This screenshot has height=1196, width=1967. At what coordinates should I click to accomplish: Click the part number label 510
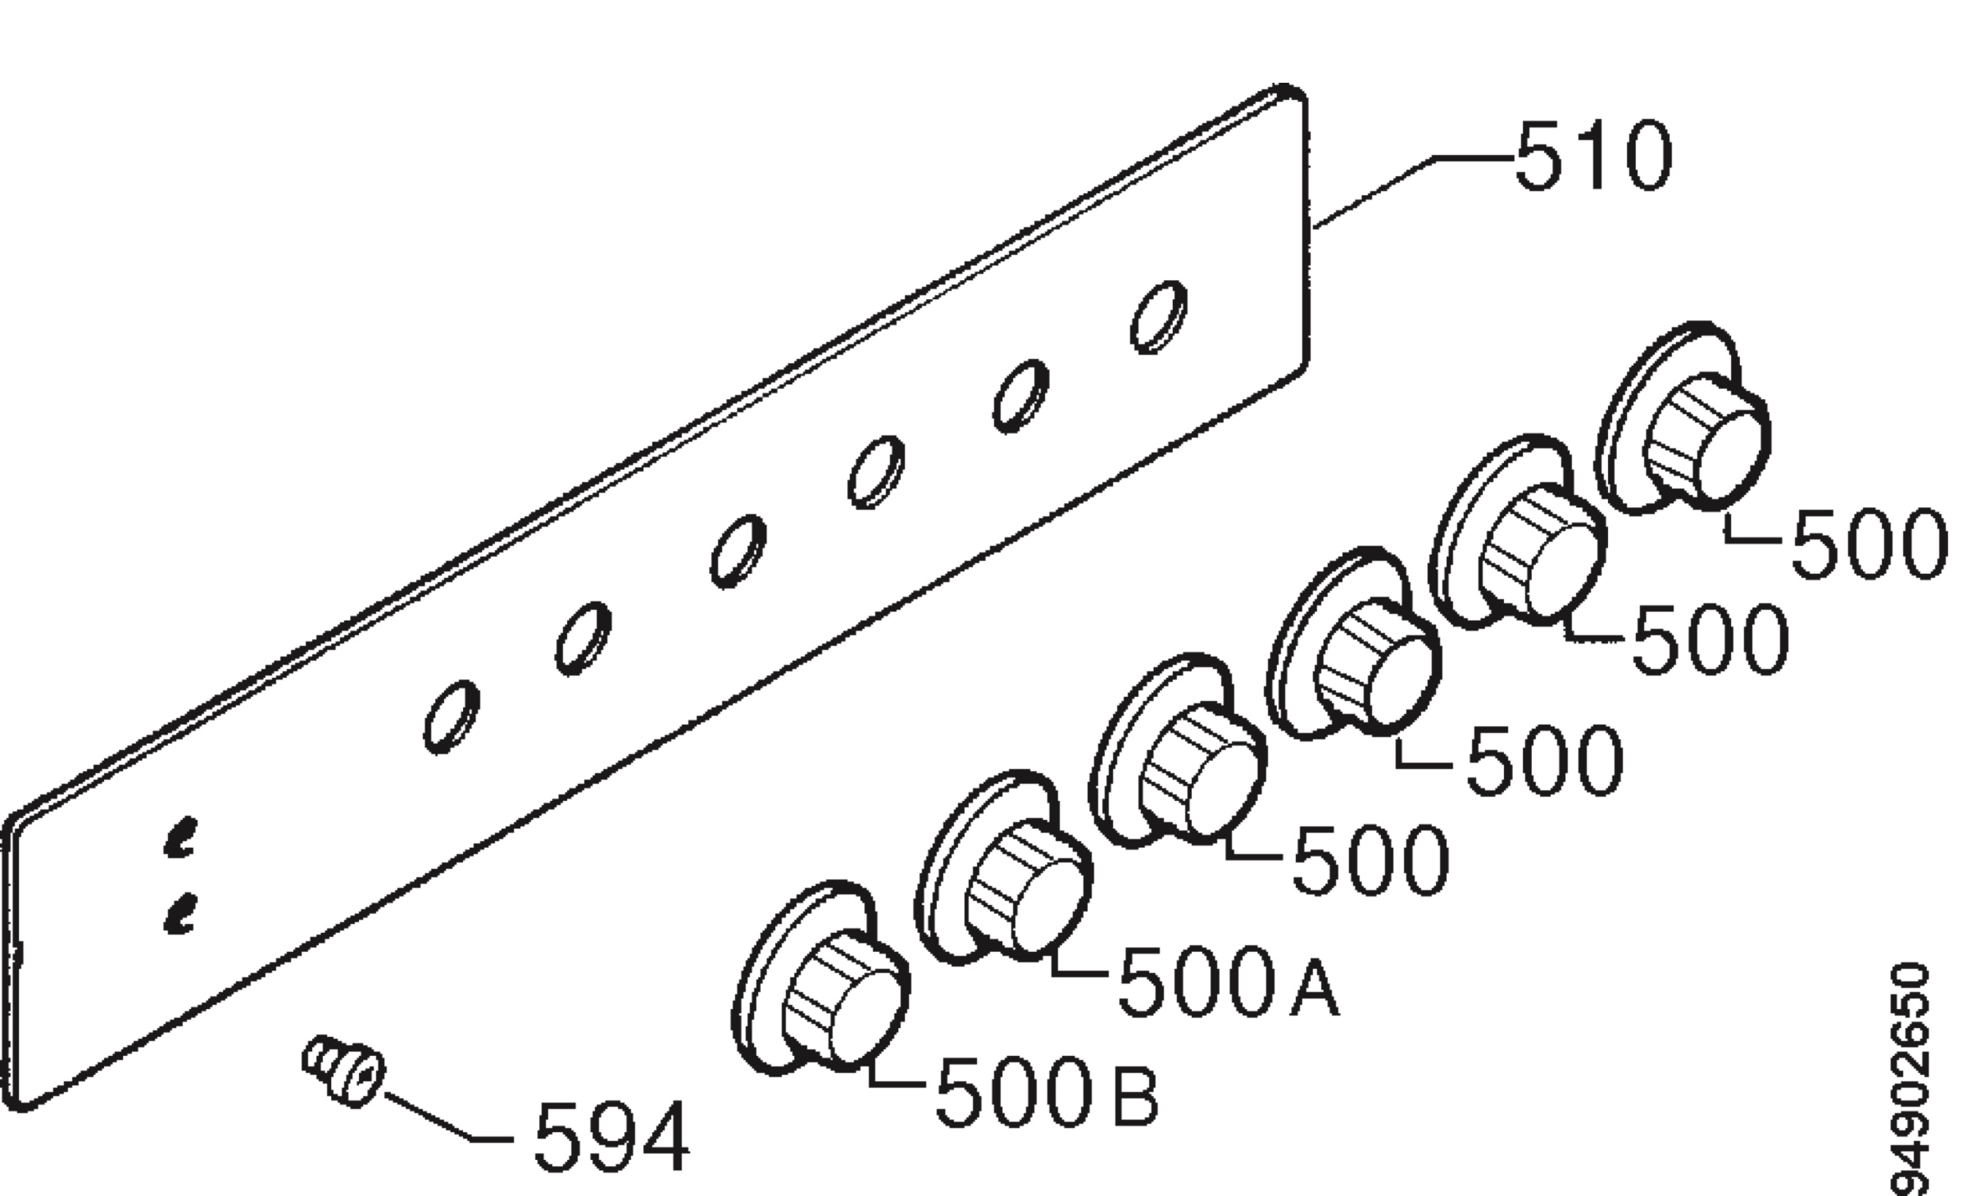[x=1592, y=157]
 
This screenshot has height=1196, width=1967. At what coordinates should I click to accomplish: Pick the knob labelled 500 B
[x=820, y=978]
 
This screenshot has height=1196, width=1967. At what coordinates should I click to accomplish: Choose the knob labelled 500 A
[x=1003, y=867]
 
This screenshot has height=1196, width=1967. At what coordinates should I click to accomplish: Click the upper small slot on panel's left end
[x=180, y=837]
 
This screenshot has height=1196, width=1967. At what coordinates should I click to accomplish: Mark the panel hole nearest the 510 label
[x=1158, y=317]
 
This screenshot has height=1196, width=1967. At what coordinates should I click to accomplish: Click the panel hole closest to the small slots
[x=452, y=716]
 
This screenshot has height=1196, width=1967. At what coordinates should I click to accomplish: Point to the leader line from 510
[x=1413, y=190]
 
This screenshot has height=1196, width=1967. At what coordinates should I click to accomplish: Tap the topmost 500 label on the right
[x=1869, y=543]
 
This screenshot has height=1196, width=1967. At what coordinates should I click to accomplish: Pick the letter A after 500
[x=1315, y=981]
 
